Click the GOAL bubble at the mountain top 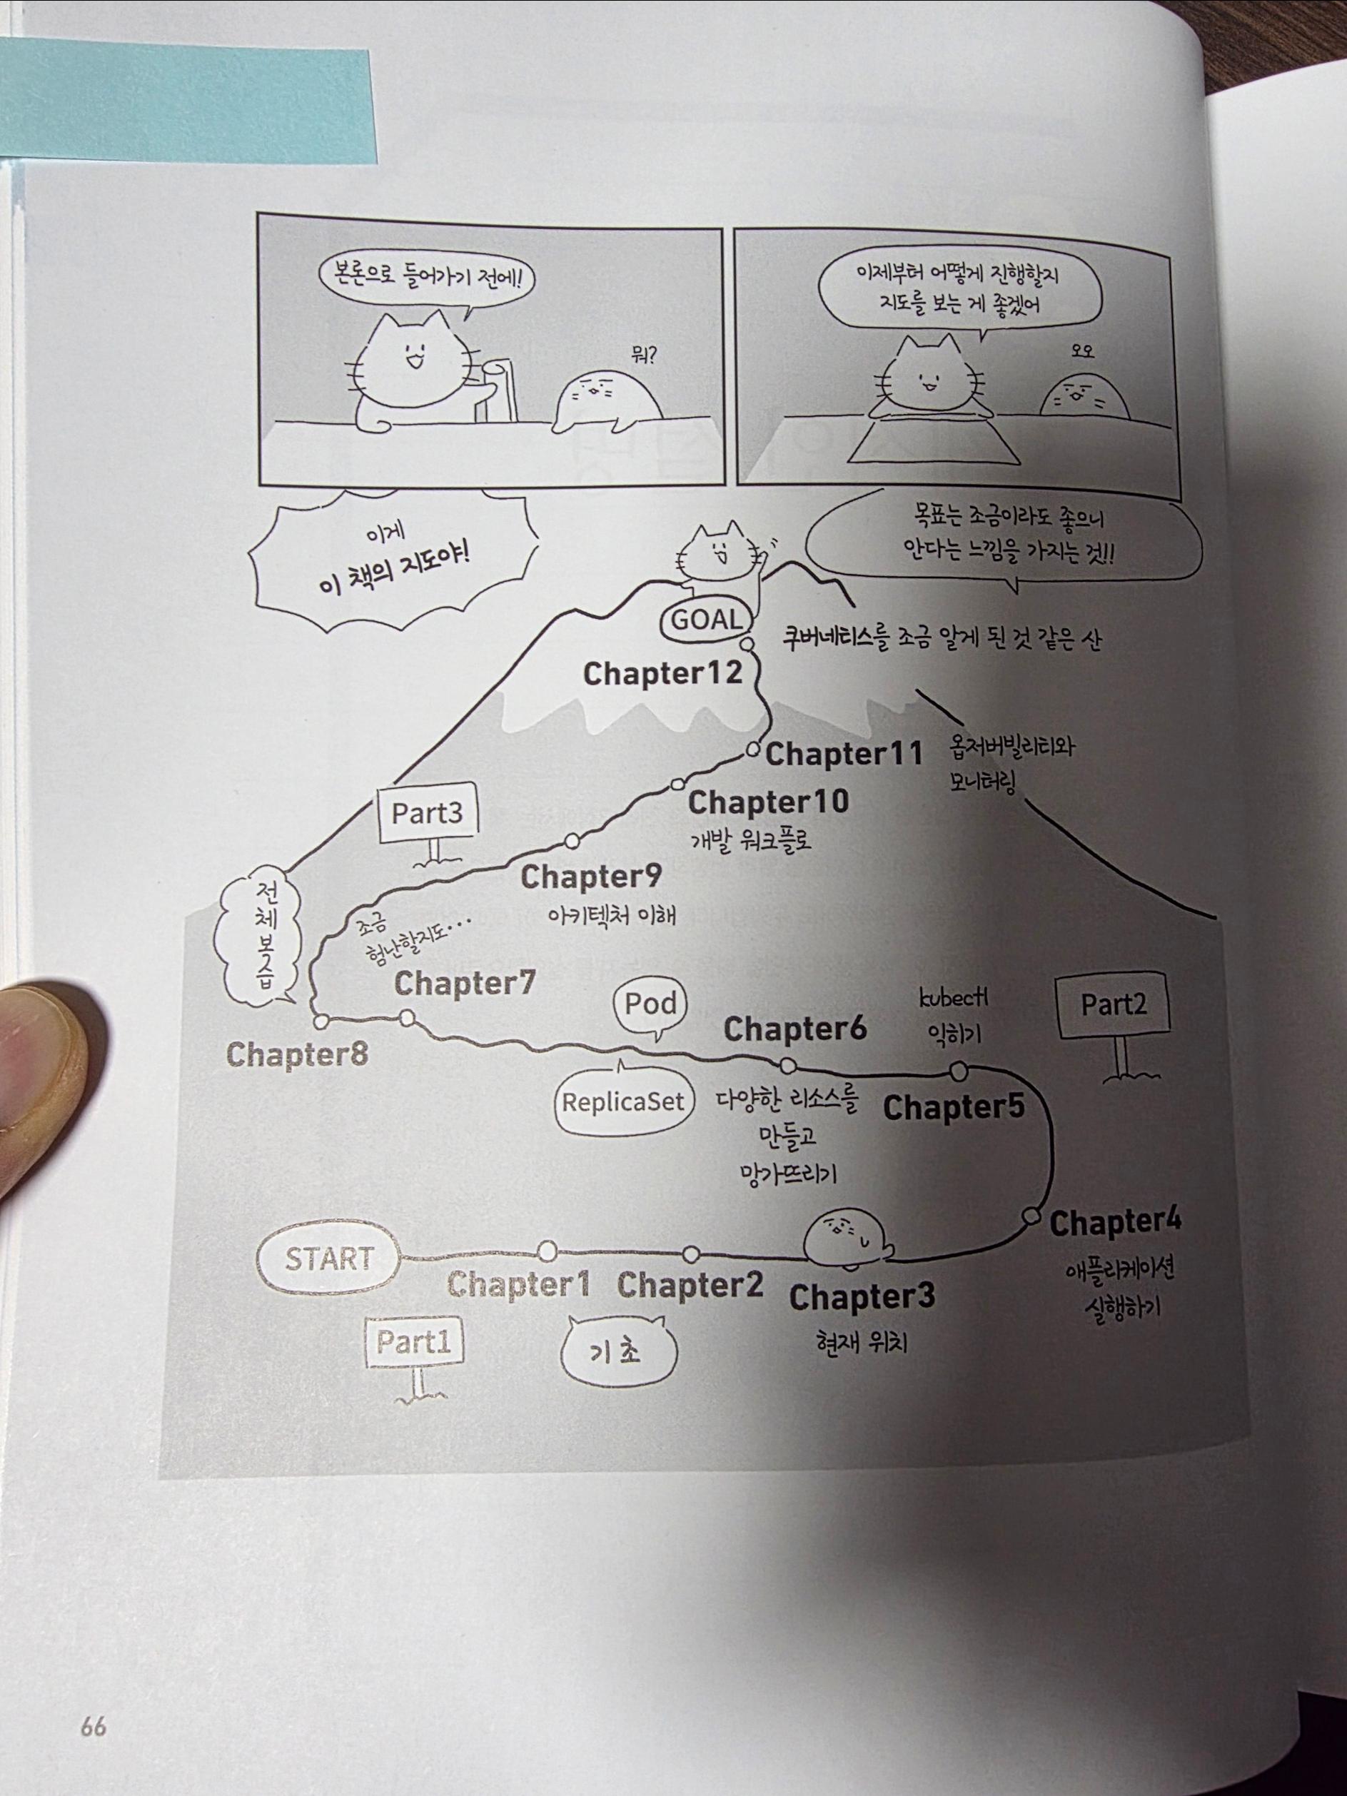(x=705, y=620)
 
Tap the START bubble (x=328, y=1259)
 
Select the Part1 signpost (x=413, y=1343)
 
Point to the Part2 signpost (x=1113, y=1006)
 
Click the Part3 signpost (x=426, y=813)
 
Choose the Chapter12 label (x=662, y=673)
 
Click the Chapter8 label (x=297, y=1055)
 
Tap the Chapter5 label (x=953, y=1107)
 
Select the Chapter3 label (x=862, y=1296)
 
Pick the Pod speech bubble (x=650, y=1004)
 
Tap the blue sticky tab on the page (x=187, y=101)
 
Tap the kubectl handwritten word (x=954, y=998)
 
